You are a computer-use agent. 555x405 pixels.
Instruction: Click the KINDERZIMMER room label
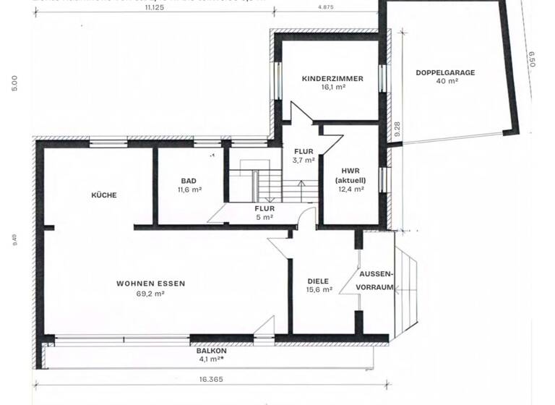[332, 78]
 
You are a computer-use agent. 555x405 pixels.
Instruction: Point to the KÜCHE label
[103, 195]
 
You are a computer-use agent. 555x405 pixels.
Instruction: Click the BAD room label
[189, 181]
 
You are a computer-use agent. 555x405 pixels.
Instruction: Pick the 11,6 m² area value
[189, 189]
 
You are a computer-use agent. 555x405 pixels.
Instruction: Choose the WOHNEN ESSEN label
[150, 283]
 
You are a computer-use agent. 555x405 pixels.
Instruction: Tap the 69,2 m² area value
[150, 294]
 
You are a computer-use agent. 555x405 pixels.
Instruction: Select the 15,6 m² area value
[318, 289]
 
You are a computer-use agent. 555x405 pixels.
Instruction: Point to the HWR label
[351, 171]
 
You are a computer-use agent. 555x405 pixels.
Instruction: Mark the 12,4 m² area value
[351, 189]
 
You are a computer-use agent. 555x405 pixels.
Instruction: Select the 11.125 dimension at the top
[153, 7]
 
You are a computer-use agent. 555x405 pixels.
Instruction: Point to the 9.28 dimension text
[396, 129]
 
